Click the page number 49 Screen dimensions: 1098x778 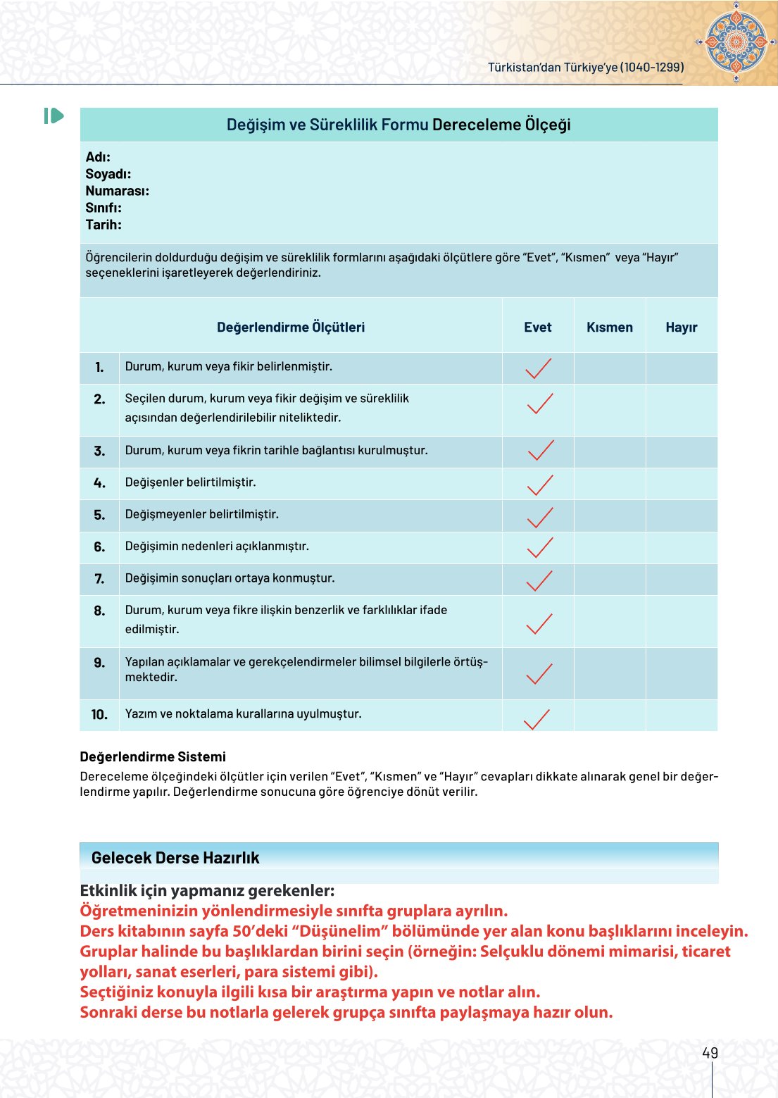(x=710, y=1053)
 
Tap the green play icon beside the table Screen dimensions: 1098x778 (x=54, y=116)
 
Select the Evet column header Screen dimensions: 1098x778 (x=537, y=327)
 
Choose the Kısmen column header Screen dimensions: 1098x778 (x=610, y=327)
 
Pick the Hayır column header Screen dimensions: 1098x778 (x=681, y=327)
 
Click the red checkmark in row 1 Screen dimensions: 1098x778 (x=539, y=368)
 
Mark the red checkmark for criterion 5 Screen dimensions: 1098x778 (x=540, y=518)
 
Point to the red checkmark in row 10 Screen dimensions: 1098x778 (x=537, y=718)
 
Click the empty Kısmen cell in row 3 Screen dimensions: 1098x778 (x=610, y=451)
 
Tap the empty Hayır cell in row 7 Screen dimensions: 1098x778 (x=682, y=580)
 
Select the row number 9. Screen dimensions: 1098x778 (x=99, y=663)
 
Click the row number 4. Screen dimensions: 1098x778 (x=99, y=483)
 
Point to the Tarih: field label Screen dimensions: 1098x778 (x=103, y=225)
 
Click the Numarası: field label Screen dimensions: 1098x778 (x=117, y=191)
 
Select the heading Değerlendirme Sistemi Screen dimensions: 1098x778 (x=153, y=756)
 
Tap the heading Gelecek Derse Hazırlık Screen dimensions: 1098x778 (x=175, y=858)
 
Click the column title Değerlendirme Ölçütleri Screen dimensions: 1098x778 (x=291, y=327)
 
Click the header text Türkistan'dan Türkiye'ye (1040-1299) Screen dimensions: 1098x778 (x=586, y=67)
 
